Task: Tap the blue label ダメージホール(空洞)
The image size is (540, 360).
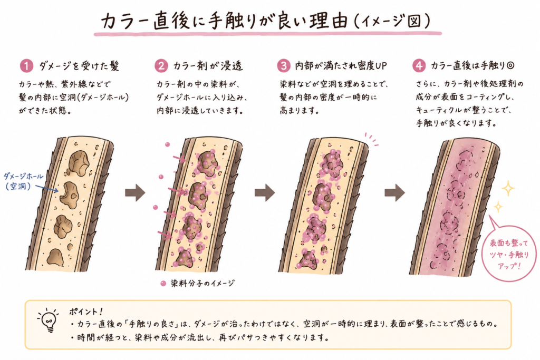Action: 23,181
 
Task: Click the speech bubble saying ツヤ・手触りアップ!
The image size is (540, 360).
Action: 508,254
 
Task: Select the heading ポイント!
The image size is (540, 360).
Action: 86,312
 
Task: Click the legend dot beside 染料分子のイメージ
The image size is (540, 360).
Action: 163,283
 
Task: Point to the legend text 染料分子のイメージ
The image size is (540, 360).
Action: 203,283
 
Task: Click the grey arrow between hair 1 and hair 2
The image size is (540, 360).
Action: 135,192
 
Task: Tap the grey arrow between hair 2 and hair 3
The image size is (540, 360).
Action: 265,192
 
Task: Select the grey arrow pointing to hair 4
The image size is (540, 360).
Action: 394,192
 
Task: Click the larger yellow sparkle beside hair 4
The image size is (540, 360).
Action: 508,188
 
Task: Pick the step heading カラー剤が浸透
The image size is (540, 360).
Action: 208,66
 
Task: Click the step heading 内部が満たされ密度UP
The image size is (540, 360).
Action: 341,66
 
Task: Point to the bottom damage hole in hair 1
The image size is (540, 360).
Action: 55,257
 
